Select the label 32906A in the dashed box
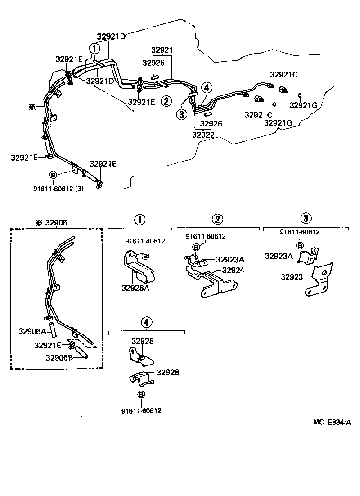[32, 331]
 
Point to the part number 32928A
[135, 287]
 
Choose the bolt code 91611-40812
[145, 241]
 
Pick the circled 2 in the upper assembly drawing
[166, 101]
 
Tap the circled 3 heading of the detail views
[306, 219]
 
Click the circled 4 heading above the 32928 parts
[147, 322]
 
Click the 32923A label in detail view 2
[230, 259]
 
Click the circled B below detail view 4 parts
[141, 394]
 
